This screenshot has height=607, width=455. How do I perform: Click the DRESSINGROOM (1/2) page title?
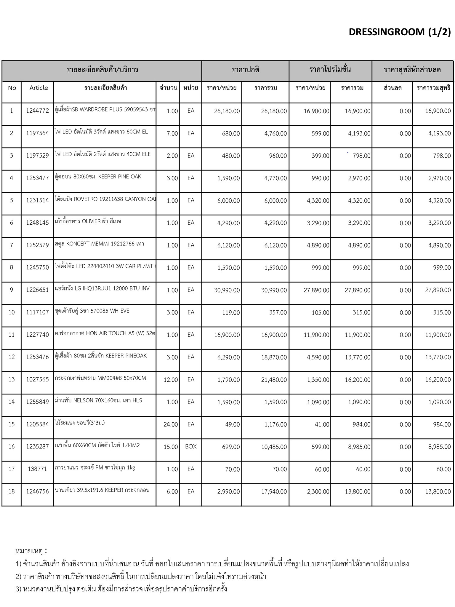400,32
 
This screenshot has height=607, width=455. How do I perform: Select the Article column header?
39,88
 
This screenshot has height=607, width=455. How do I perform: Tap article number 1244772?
37,111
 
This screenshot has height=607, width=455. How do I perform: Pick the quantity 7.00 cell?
172,134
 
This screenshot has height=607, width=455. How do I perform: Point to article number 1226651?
37,290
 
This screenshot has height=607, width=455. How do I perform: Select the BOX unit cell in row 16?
191,446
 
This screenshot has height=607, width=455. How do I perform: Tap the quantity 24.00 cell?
171,424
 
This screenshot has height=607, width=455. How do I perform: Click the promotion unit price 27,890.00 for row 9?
316,290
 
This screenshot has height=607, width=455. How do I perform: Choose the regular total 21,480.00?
274,380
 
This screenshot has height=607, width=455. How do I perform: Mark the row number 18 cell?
12,491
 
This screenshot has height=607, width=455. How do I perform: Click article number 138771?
37,469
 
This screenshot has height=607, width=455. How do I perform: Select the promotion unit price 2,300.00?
318,492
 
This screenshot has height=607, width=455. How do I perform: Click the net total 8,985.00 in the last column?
439,447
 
